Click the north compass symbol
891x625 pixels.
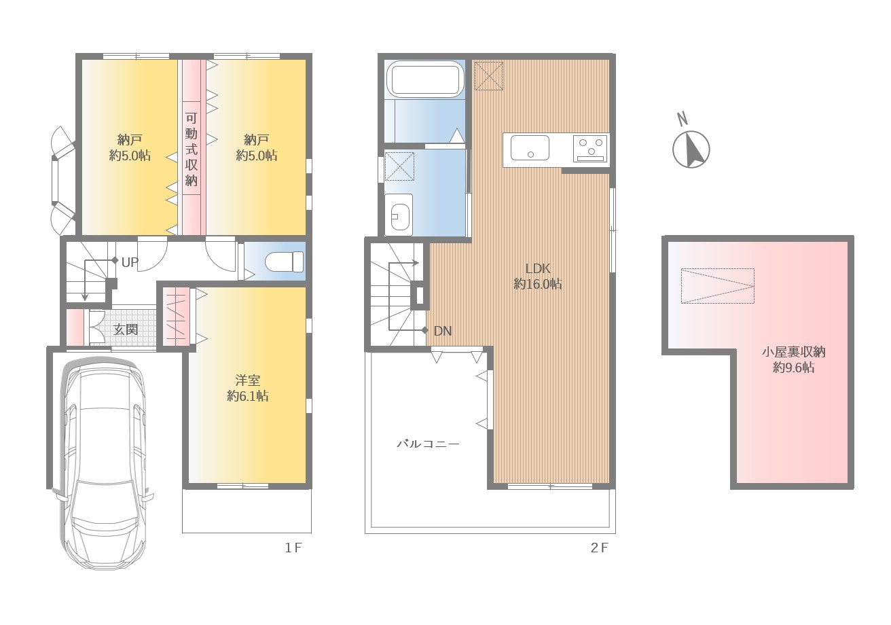coord(691,149)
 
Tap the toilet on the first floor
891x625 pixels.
coord(284,262)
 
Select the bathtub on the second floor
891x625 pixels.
coord(425,79)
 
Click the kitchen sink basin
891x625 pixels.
coord(530,147)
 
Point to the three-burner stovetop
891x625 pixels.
coord(590,149)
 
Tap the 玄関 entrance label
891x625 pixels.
coord(125,329)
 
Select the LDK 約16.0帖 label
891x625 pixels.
coord(538,276)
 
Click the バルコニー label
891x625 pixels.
coord(428,444)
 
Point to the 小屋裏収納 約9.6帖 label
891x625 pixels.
coord(793,359)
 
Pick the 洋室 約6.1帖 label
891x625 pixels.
coord(247,388)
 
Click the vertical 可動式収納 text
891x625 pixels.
coord(192,149)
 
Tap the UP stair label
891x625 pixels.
coord(130,262)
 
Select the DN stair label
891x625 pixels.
coord(443,331)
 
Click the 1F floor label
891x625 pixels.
coord(293,548)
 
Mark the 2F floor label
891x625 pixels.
coord(599,548)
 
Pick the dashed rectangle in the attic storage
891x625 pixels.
coord(718,286)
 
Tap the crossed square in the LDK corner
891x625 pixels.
coord(489,76)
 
